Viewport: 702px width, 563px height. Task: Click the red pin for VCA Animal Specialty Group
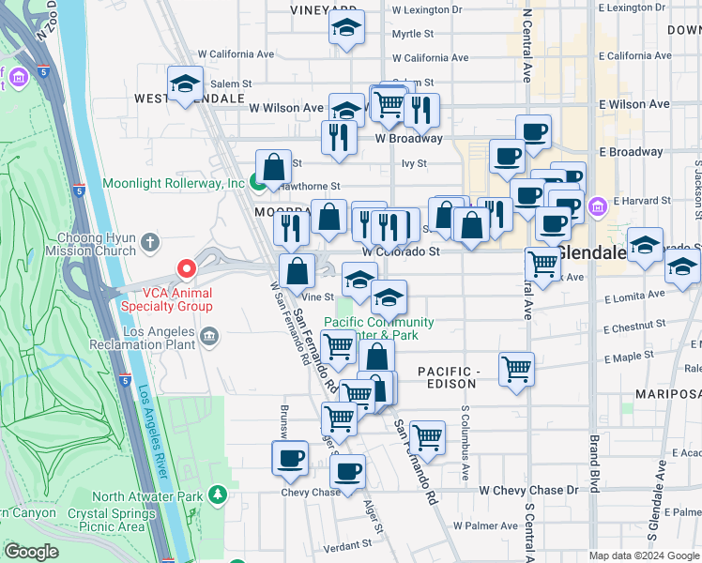click(187, 270)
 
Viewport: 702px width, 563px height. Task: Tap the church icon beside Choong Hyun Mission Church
click(150, 243)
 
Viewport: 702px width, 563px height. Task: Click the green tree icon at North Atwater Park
click(218, 494)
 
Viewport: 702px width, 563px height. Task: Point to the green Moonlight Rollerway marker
click(258, 182)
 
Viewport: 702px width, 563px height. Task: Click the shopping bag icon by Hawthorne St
click(273, 168)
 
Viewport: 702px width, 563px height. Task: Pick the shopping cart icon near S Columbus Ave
click(517, 369)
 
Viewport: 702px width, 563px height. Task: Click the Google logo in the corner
click(31, 552)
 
